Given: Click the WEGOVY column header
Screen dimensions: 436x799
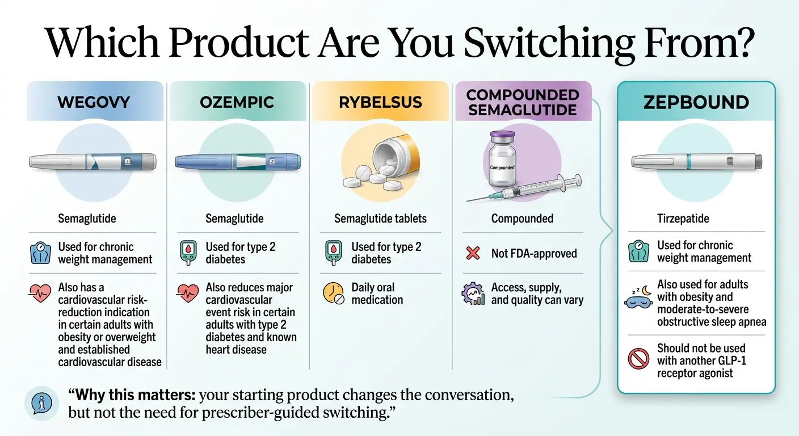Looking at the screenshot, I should point(94,103).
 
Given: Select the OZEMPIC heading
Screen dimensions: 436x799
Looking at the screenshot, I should point(237,103).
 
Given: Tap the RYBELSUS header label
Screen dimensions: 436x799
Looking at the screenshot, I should point(380,103).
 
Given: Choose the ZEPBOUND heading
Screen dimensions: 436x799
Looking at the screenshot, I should point(696,103).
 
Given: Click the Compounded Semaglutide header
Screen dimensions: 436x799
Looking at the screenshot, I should point(523,102).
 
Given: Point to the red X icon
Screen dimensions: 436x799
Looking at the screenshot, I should point(473,253).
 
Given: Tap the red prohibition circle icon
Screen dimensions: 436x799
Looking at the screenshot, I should point(638,359).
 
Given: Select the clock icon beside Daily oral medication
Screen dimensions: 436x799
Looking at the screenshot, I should point(333,293).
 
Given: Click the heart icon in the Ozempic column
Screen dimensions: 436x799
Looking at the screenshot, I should point(187,292).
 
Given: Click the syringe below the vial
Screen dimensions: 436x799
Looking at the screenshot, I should point(525,190).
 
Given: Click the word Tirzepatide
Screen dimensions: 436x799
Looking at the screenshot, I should point(683,219).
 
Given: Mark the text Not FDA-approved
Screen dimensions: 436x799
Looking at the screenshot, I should point(534,254).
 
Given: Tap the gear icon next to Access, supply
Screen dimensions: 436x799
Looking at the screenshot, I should point(473,294).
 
